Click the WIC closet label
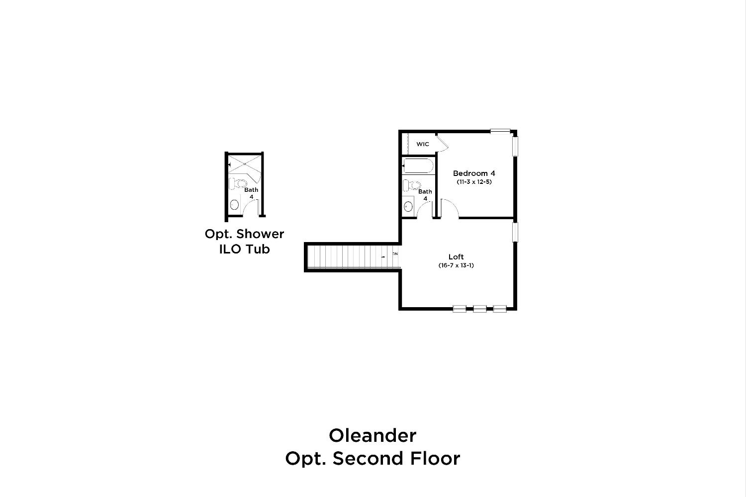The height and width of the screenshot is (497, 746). coord(423,144)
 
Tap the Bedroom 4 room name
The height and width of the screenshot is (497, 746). coord(474,173)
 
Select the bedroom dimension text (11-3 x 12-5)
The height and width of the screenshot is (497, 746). coord(474,182)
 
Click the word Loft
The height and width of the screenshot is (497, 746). coord(456,256)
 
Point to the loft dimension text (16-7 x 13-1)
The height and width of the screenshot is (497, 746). coord(456,265)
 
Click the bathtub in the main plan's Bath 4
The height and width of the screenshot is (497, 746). coord(418,166)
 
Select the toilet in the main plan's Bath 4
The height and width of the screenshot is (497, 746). coord(412,185)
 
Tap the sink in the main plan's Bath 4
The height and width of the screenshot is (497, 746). coord(408,206)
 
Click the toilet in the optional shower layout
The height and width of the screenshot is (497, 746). coord(238,183)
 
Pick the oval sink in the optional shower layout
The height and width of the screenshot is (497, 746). coord(234,204)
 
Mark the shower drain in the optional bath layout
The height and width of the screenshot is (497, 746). coord(245,164)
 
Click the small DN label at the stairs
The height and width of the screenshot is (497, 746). coord(395,253)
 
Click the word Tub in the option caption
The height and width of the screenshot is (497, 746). coord(258,249)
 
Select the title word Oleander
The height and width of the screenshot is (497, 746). coord(373,435)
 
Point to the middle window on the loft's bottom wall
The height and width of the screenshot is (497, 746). coord(479,309)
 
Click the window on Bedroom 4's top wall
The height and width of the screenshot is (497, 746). coord(500,131)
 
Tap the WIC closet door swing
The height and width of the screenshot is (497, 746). coord(442,143)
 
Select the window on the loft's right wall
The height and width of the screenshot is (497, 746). coord(515,232)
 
